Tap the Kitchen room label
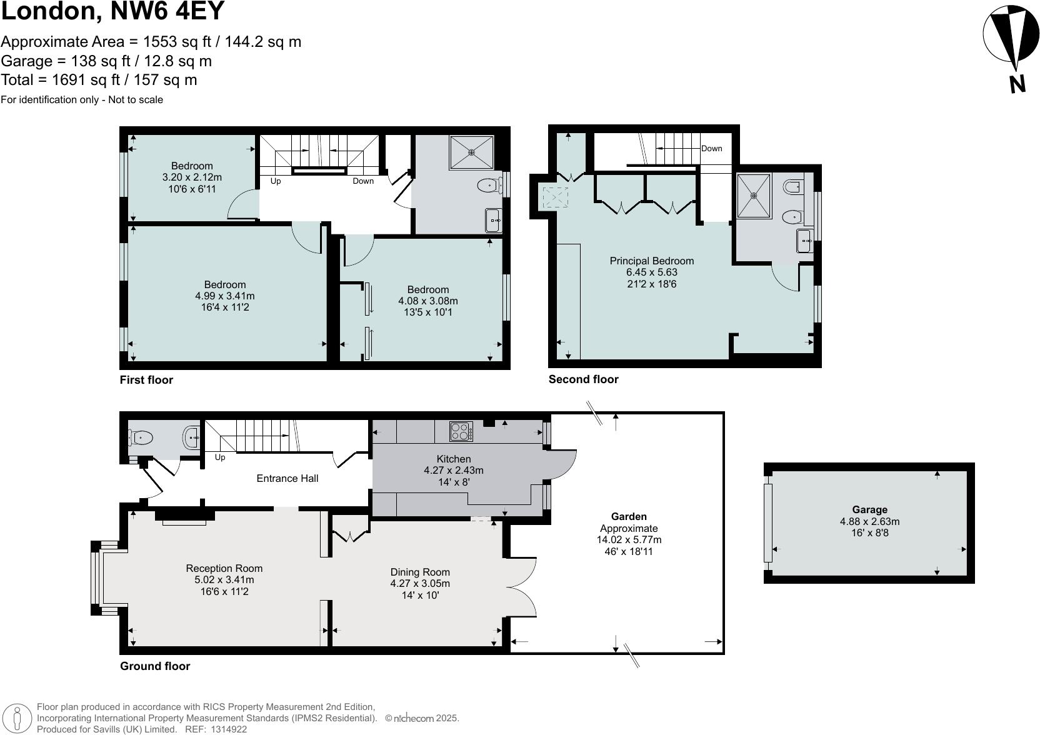(453, 459)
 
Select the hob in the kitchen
(461, 431)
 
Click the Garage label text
(869, 509)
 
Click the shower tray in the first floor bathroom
(471, 152)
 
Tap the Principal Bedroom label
(651, 261)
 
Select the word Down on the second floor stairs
(711, 148)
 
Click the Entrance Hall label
(287, 478)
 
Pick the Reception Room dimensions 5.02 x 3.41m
(224, 579)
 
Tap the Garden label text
(629, 516)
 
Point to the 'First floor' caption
(146, 380)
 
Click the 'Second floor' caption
(583, 379)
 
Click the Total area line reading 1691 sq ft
(99, 80)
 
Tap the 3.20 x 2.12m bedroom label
(192, 177)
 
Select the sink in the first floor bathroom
(493, 221)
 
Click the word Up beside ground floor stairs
(220, 457)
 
